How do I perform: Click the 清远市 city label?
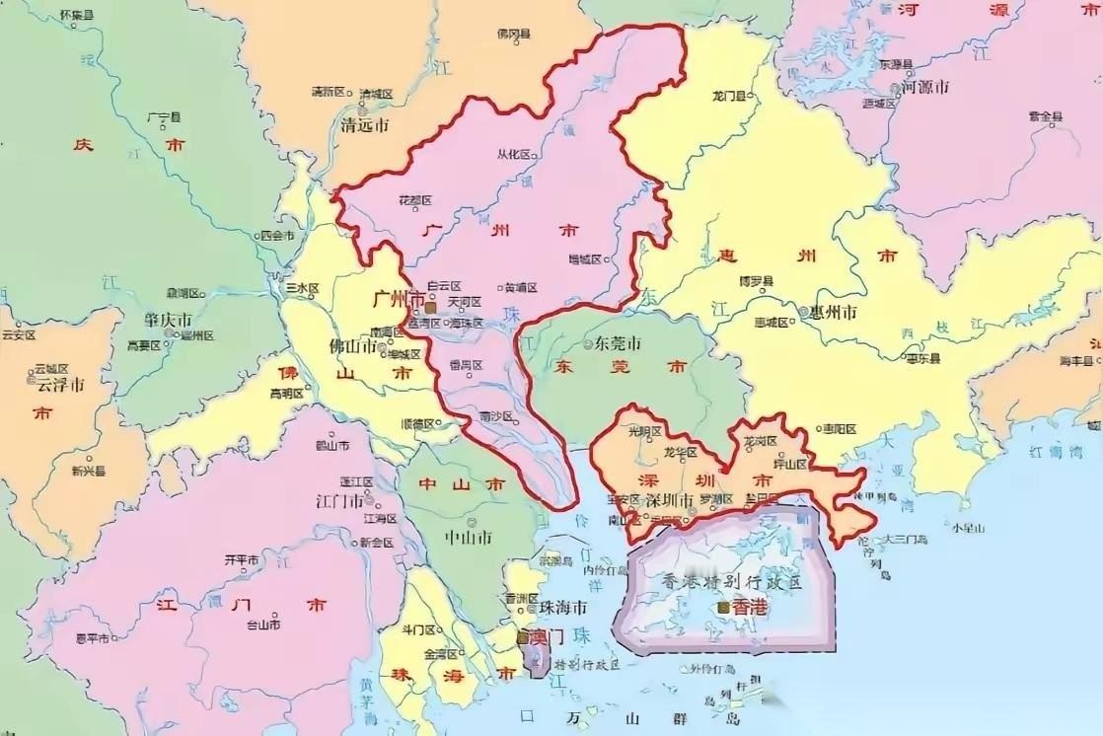[364, 125]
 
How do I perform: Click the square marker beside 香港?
[725, 608]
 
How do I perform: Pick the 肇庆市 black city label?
[167, 322]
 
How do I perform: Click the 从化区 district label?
[513, 154]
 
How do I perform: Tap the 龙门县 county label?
[731, 96]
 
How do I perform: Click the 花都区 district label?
[415, 200]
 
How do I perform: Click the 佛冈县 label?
[513, 35]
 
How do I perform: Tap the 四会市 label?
[276, 236]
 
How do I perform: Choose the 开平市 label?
[242, 559]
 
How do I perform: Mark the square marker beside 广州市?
[429, 308]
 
